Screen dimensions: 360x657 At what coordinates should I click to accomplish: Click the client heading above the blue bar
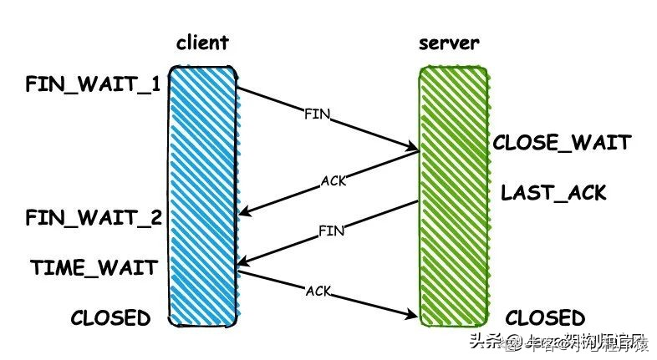coord(202,43)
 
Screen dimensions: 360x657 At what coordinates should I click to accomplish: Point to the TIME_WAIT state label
coord(94,268)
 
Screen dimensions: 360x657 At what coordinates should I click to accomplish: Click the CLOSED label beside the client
coord(110,318)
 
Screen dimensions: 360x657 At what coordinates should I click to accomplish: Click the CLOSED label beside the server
coord(545,318)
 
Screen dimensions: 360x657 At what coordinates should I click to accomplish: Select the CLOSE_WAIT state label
coord(561,143)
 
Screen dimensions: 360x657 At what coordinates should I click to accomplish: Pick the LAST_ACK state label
coord(553,194)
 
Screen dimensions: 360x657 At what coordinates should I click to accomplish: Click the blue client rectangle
coord(203,196)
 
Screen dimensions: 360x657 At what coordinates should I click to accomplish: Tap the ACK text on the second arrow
coord(333,180)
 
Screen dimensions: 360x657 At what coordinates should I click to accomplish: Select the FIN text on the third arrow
coord(331,231)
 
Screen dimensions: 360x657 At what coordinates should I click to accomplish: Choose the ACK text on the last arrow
coord(318,291)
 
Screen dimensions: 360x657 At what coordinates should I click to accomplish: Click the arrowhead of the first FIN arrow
coord(415,150)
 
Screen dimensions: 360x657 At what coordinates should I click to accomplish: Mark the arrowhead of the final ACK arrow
coord(415,317)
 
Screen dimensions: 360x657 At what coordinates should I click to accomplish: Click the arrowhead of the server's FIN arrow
coord(240,267)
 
